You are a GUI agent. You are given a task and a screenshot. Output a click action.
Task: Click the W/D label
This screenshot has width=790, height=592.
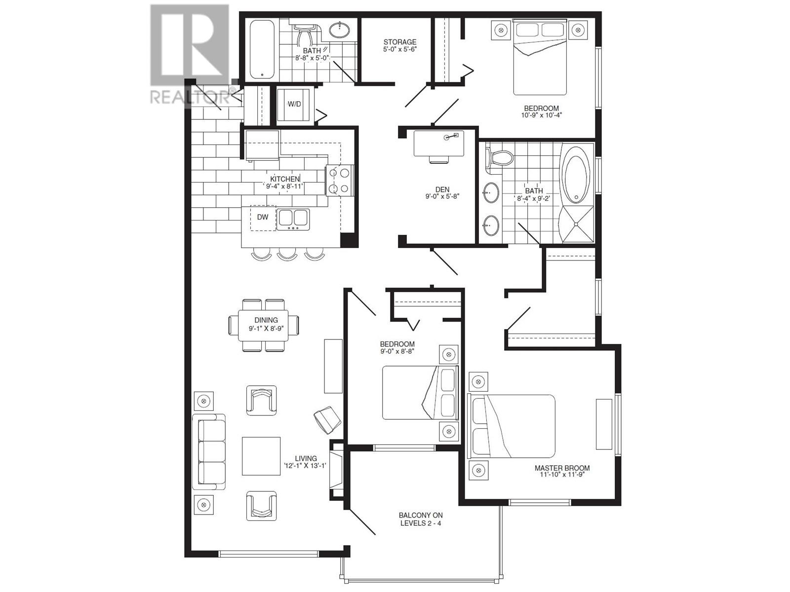coord(294,104)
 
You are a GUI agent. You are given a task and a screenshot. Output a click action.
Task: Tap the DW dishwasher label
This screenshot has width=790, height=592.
coord(263,217)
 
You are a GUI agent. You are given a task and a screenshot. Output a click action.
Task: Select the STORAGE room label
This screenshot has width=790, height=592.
coord(399,42)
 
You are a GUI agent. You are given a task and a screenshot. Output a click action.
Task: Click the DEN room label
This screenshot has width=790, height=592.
coord(442,189)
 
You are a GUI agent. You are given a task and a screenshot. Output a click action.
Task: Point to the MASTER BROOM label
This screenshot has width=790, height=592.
coord(562,468)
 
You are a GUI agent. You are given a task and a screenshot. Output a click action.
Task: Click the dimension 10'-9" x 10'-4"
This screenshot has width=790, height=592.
coord(542,115)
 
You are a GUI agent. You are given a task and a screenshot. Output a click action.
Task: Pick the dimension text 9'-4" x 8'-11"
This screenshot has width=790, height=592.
coord(284,186)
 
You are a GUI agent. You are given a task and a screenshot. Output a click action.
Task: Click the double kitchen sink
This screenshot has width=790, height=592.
coord(293,219)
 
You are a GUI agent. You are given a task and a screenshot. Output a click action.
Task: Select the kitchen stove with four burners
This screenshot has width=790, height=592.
coord(339,180)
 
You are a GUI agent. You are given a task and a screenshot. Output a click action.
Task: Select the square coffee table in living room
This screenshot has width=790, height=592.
coord(261,456)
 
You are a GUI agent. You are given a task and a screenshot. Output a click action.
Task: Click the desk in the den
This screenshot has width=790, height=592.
coord(438,143)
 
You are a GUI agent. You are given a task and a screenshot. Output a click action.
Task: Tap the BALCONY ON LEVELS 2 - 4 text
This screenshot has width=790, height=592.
coord(420,519)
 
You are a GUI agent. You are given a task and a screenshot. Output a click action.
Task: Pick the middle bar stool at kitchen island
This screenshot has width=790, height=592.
coord(287,254)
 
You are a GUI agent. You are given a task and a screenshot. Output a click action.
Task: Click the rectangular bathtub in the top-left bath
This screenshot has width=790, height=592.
coord(262,49)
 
